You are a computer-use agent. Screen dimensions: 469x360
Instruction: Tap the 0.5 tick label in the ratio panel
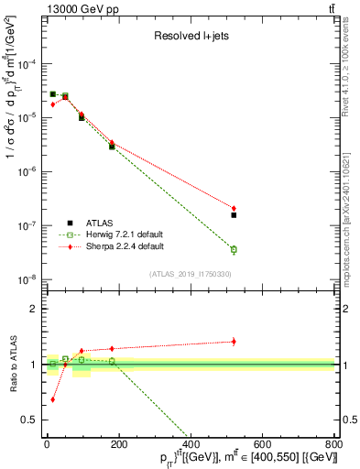pyautogui.click(x=30, y=420)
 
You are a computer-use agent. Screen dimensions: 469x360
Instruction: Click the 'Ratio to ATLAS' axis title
pyautogui.click(x=11, y=365)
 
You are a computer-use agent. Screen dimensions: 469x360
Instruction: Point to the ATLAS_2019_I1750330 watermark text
pyautogui.click(x=191, y=273)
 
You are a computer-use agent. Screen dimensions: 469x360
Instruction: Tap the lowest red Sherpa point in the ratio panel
pyautogui.click(x=53, y=399)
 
